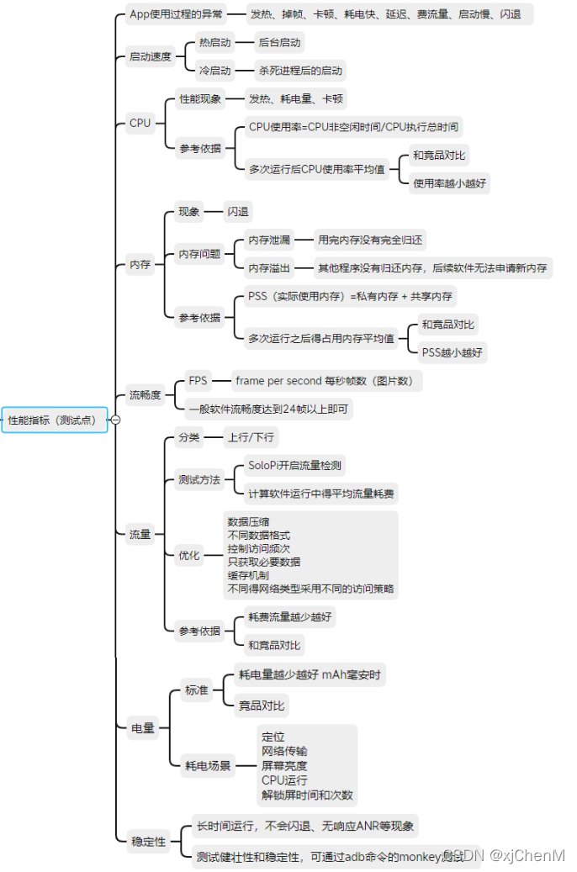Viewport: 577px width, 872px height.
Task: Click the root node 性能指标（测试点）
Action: pos(55,420)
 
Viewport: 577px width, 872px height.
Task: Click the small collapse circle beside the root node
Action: pos(116,420)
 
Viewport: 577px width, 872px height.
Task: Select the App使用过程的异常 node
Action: pos(176,14)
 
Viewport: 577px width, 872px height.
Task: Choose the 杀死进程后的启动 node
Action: pos(290,71)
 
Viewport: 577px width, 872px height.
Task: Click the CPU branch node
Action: pos(140,123)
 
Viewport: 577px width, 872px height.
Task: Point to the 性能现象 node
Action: pos(200,99)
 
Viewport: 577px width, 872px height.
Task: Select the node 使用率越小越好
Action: pos(449,182)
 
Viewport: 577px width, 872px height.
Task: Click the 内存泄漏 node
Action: pos(269,240)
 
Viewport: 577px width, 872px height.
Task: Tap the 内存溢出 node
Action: pos(269,268)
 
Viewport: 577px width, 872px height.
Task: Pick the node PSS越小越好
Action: pos(453,351)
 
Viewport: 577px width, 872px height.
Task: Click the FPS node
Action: pos(198,381)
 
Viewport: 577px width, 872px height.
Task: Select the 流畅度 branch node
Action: pos(145,394)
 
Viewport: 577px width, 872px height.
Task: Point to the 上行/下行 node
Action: pos(251,437)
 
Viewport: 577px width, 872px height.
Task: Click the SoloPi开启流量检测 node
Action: pos(294,465)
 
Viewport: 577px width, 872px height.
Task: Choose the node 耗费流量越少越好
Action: pos(289,617)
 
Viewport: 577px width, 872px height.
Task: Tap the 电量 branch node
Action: pos(143,728)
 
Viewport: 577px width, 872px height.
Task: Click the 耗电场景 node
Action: pos(208,765)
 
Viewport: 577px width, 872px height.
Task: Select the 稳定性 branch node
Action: pos(148,841)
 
